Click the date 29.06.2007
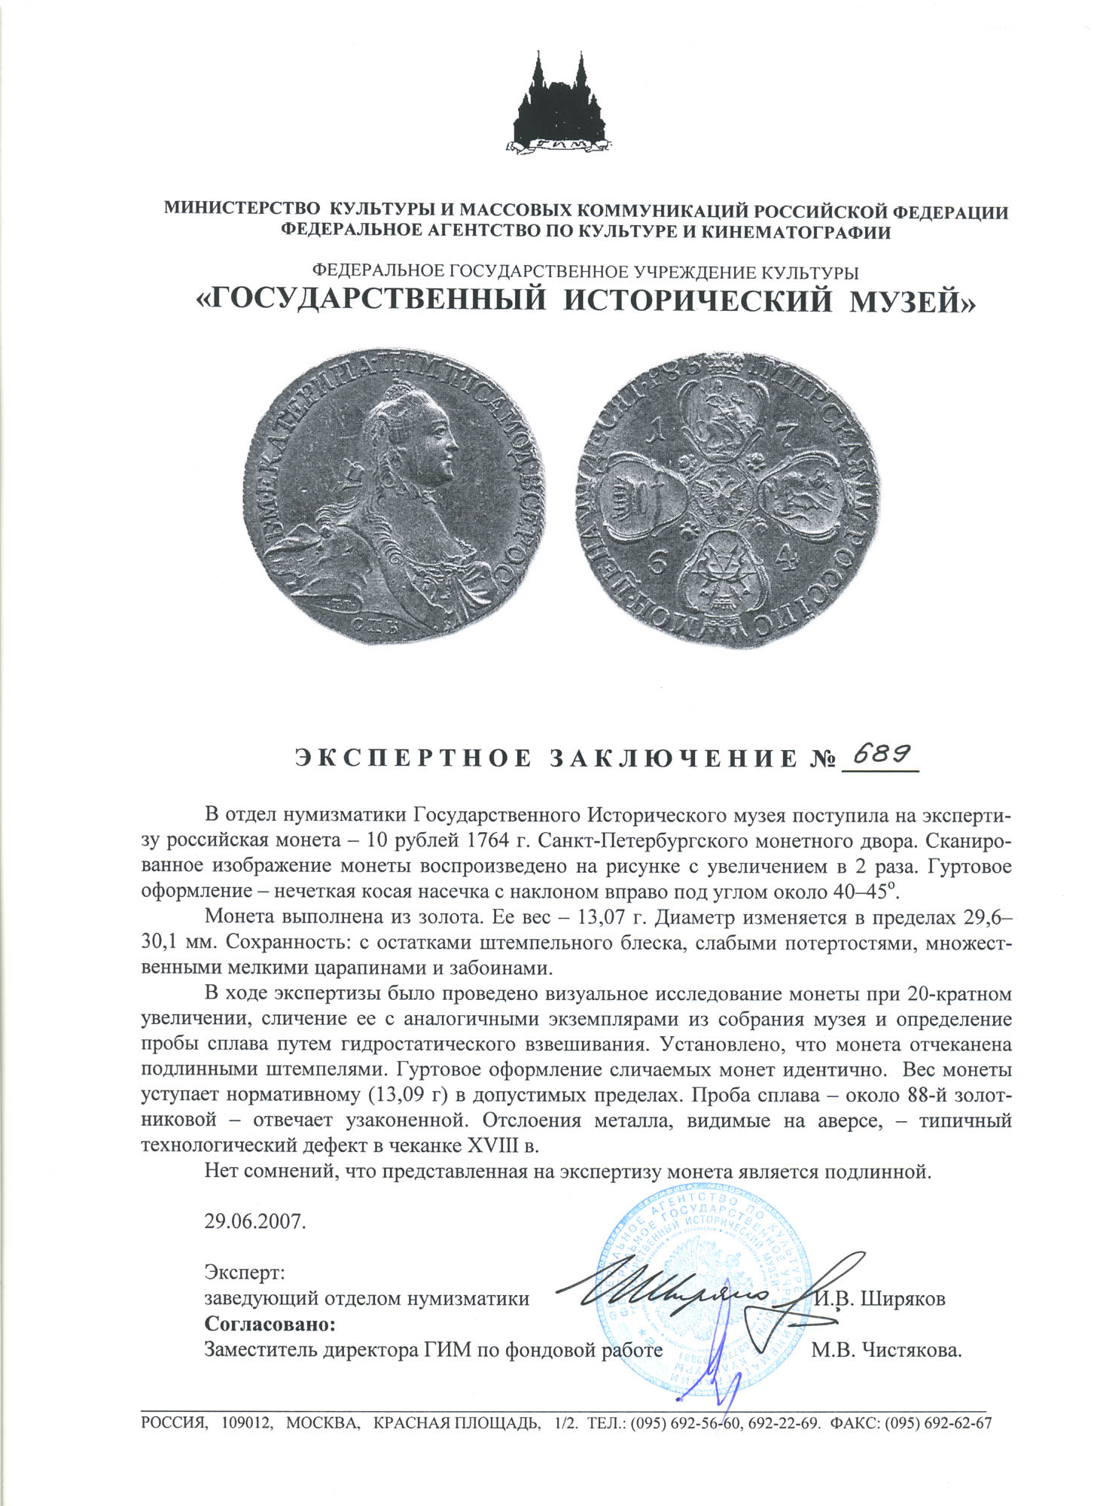coord(255,1221)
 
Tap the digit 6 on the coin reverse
coord(657,563)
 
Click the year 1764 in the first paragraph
coord(494,840)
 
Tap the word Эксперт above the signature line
coord(245,1273)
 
